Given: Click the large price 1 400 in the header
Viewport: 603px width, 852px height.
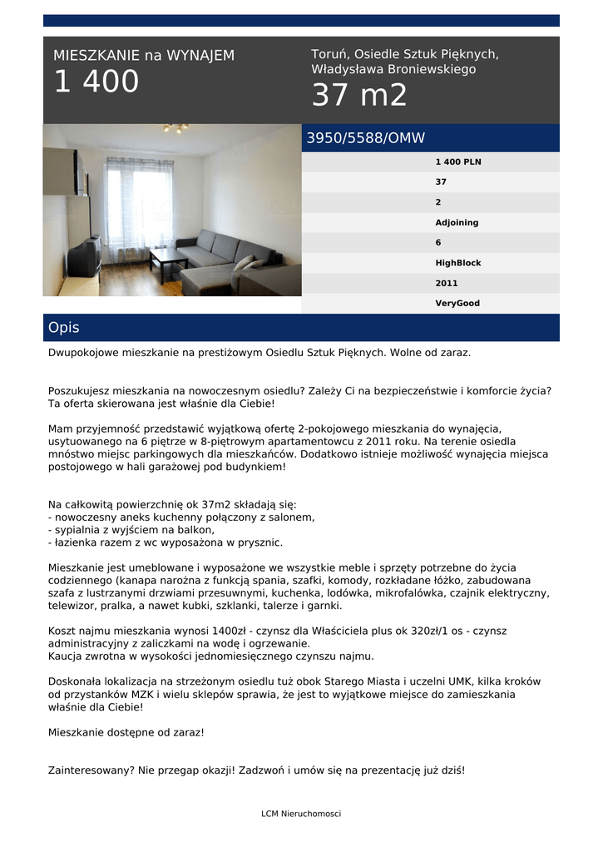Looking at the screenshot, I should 96,82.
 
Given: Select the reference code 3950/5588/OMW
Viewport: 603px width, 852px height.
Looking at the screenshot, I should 365,139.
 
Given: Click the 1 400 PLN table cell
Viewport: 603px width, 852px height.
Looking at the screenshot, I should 458,162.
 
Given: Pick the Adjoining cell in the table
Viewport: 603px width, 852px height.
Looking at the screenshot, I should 457,223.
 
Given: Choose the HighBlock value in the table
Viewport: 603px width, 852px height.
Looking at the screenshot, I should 458,263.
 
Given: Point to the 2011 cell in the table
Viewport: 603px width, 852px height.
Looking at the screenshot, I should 447,284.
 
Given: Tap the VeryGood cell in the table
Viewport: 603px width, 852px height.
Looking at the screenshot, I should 457,304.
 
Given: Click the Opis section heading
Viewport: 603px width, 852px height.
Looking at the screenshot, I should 63,328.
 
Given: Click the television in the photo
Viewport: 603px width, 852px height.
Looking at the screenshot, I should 84,256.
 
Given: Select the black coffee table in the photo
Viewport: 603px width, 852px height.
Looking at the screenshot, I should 168,261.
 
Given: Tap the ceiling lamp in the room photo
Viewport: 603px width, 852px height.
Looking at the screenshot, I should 175,128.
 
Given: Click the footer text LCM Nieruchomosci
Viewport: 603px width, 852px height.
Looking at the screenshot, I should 301,814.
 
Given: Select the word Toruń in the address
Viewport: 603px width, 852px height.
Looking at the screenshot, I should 329,54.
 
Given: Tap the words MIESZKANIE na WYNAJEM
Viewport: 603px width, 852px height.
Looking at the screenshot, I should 144,56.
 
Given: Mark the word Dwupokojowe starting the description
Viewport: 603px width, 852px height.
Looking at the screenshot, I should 83,353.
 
